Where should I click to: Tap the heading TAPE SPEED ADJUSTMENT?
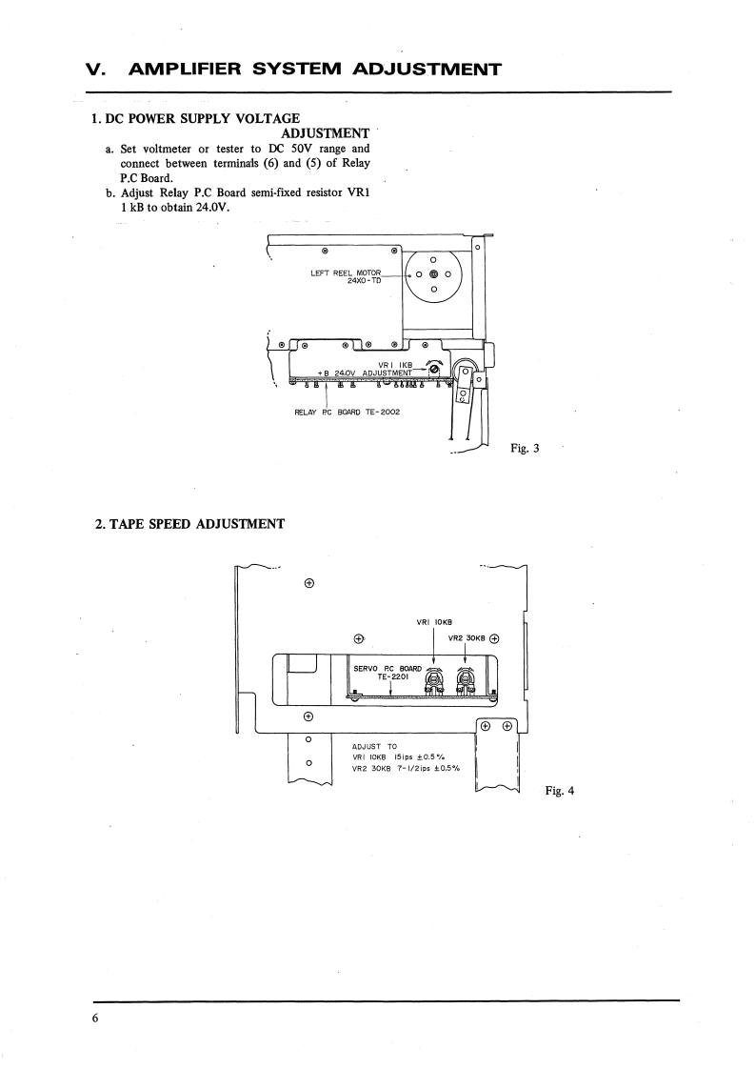coord(189,523)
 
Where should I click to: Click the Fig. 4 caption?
coord(560,790)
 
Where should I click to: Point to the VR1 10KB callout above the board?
coord(433,623)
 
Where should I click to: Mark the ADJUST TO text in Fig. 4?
coord(374,747)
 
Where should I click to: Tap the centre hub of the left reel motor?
coord(433,273)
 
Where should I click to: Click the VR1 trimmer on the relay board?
coord(435,369)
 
